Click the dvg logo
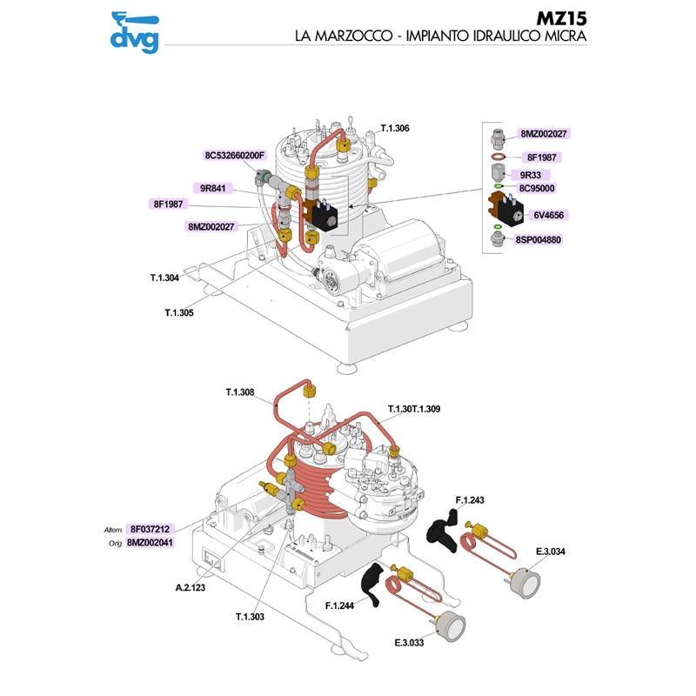[x=134, y=31]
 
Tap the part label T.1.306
[x=395, y=128]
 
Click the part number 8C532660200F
[x=234, y=156]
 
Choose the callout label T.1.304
[x=164, y=278]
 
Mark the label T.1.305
[x=179, y=311]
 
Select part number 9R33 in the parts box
[x=531, y=174]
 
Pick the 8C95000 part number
[x=537, y=187]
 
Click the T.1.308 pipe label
[x=239, y=393]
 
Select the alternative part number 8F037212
[x=150, y=528]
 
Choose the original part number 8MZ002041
[x=150, y=542]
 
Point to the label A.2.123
[x=189, y=588]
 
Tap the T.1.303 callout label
[x=249, y=616]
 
